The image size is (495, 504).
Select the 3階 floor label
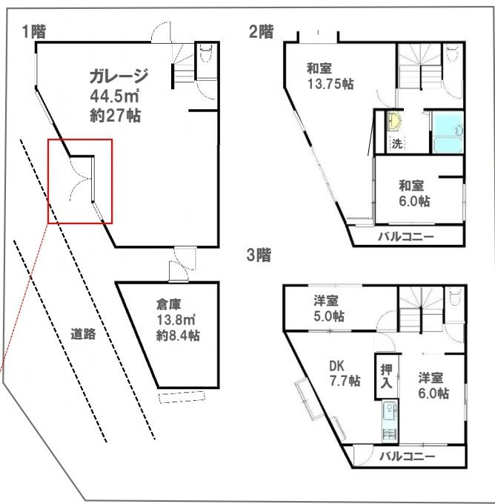click(x=259, y=256)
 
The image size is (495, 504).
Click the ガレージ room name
click(x=119, y=76)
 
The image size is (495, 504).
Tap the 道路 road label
click(x=84, y=333)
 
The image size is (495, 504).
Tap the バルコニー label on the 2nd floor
click(x=406, y=237)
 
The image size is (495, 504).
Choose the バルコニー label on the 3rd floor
click(x=406, y=455)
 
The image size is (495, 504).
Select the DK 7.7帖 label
click(x=344, y=373)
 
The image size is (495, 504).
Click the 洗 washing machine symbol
click(x=396, y=143)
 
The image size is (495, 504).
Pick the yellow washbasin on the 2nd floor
click(x=395, y=121)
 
